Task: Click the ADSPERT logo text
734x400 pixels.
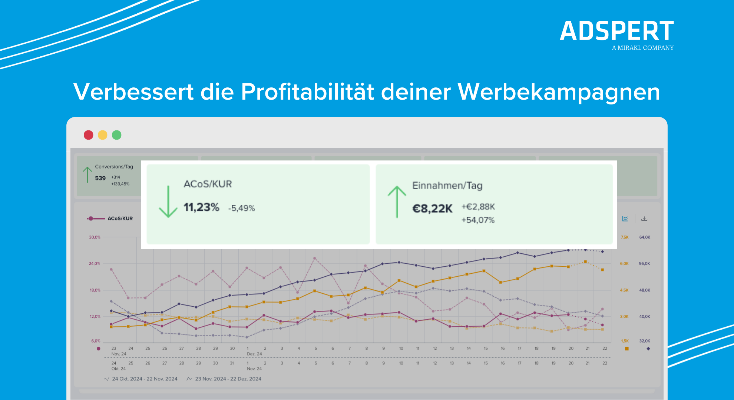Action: [616, 31]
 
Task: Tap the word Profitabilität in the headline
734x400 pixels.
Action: [307, 92]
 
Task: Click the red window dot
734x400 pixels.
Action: [88, 135]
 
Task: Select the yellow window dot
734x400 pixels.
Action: [102, 135]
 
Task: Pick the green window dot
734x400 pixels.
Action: [116, 135]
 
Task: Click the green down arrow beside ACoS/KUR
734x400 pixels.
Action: [168, 201]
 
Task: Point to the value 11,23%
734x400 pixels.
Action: [201, 207]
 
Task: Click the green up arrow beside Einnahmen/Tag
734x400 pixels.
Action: [397, 201]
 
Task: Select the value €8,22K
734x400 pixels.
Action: [432, 209]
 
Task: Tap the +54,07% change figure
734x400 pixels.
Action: [478, 220]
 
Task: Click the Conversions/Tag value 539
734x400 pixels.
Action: [100, 178]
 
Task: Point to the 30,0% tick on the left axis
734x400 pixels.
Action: [95, 237]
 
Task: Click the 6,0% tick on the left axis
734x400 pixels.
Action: [96, 341]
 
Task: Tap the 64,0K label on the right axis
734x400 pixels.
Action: [644, 237]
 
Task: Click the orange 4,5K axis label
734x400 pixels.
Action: [624, 290]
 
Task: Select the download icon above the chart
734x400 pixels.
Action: [644, 219]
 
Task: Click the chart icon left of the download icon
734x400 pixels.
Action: [625, 219]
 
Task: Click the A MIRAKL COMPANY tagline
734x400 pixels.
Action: [642, 48]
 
